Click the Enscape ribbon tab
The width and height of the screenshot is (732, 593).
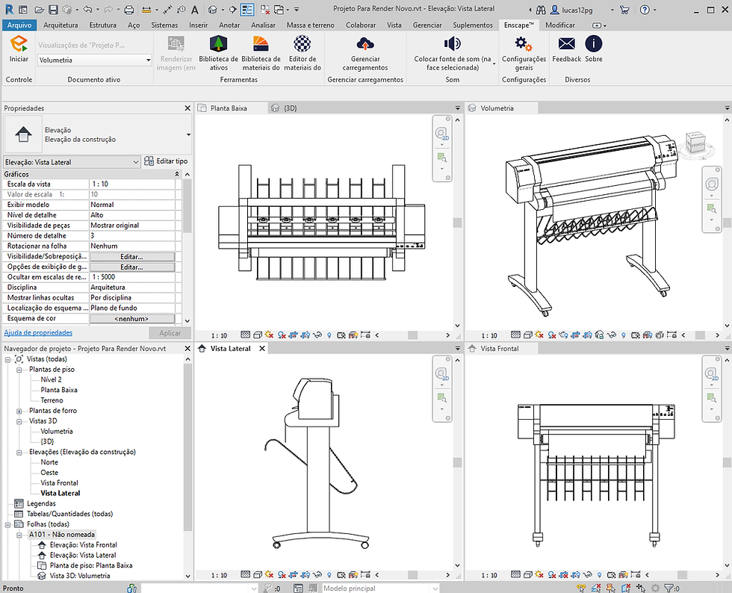click(518, 25)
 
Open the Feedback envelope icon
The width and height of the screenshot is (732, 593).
click(567, 44)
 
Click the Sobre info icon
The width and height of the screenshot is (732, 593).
click(594, 44)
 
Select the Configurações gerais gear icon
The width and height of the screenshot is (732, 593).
click(524, 44)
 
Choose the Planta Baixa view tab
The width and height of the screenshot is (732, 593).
click(230, 108)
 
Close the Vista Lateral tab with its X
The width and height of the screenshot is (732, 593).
click(262, 349)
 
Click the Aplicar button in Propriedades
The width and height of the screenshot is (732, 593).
click(170, 333)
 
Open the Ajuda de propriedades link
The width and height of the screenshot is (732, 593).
click(38, 332)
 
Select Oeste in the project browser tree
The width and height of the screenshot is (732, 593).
click(49, 473)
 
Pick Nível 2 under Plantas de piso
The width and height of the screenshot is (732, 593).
click(52, 379)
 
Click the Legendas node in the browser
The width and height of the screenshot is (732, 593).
click(41, 503)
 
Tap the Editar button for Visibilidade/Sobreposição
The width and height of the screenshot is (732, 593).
click(131, 256)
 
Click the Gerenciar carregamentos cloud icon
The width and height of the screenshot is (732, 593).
click(365, 44)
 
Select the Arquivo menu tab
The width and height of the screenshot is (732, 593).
click(19, 25)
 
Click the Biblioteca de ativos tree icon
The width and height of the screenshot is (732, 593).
click(218, 44)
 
